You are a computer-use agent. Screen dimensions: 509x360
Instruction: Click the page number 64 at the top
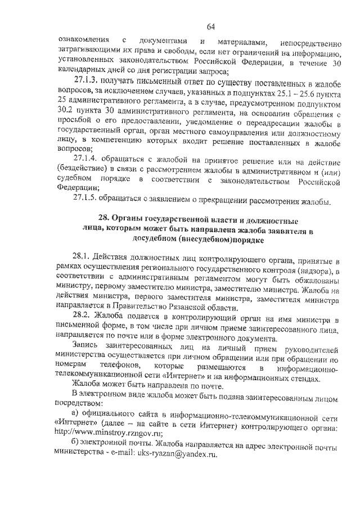(x=211, y=26)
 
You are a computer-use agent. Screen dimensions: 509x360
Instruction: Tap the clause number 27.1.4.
(x=88, y=159)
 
